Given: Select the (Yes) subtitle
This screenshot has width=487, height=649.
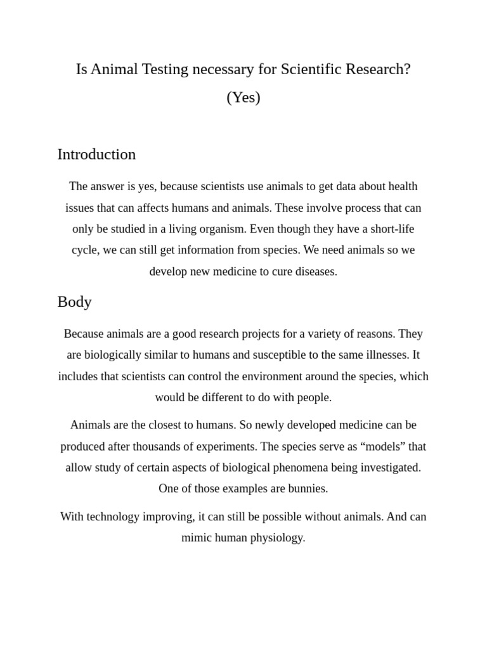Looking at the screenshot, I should point(243,98).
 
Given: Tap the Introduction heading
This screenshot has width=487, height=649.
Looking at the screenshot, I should point(96,154).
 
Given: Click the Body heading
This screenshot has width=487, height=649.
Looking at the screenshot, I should point(74,302).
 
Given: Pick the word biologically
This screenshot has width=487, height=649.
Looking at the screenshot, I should point(118,355).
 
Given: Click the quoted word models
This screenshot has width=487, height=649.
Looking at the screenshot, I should point(385,446).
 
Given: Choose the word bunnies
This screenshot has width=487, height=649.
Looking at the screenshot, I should point(306,489).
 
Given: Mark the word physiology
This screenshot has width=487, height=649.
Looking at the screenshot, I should point(275,537).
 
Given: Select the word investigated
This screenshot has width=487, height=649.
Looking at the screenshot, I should point(387,468).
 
